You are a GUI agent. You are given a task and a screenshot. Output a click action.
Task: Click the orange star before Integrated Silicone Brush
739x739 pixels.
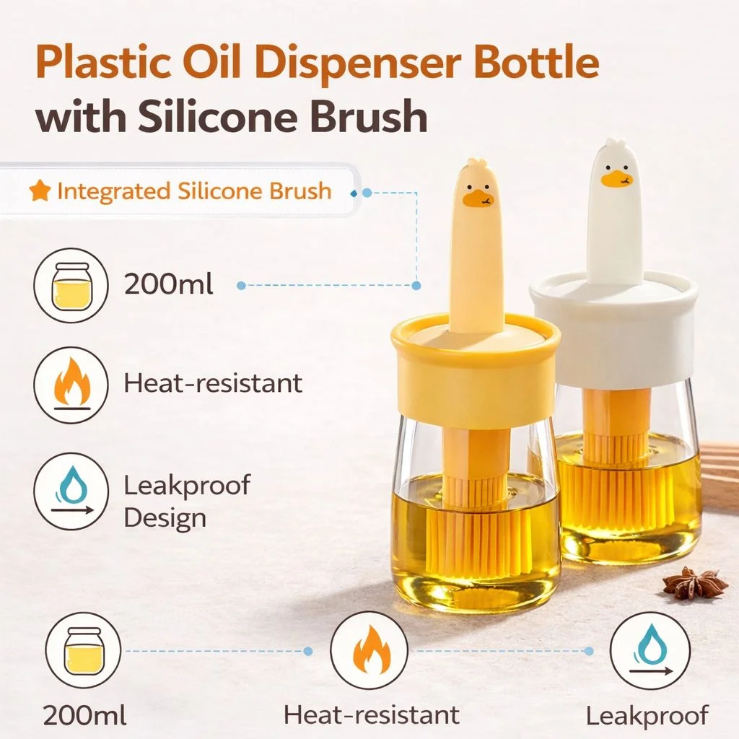pyautogui.click(x=40, y=191)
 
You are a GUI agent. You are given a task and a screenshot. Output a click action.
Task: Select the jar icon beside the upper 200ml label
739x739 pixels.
pyautogui.click(x=71, y=286)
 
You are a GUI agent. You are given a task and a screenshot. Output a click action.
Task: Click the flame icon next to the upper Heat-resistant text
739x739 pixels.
pyautogui.click(x=71, y=384)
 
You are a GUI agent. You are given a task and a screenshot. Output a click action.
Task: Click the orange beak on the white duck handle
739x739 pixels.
pyautogui.click(x=616, y=179)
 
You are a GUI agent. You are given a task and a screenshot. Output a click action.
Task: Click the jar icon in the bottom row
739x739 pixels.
pyautogui.click(x=84, y=651)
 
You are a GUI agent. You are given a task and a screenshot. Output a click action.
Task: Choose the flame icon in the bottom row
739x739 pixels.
pyautogui.click(x=369, y=651)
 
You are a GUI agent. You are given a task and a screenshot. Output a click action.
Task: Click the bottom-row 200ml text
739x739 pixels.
pyautogui.click(x=85, y=715)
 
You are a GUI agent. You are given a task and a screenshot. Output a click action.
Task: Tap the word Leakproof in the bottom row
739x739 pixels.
pyautogui.click(x=647, y=716)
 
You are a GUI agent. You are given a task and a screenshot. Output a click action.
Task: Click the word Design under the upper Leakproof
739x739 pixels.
pyautogui.click(x=165, y=518)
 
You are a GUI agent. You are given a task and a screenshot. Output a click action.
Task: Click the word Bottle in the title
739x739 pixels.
pyautogui.click(x=536, y=63)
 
